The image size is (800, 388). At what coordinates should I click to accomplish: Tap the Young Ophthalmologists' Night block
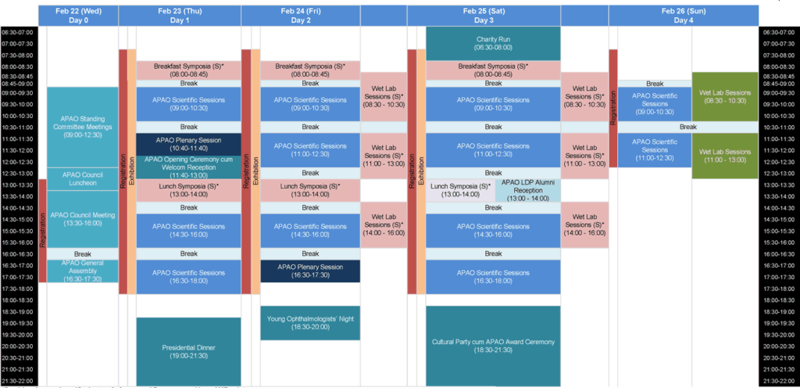[x=310, y=323]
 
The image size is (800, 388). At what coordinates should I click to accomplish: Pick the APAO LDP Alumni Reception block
[x=527, y=190]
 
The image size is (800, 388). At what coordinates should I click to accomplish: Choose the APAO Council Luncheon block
[x=82, y=179]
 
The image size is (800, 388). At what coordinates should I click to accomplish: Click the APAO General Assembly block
[x=82, y=271]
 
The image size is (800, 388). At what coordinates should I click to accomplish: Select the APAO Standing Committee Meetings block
[x=82, y=128]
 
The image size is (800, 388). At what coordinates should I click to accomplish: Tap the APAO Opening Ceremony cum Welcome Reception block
[x=188, y=167]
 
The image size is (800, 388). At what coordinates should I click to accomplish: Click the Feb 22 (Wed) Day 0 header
[x=82, y=15]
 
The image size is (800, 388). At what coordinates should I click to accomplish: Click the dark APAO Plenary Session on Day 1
[x=188, y=144]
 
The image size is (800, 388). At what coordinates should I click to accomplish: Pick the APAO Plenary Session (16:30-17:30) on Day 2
[x=310, y=271]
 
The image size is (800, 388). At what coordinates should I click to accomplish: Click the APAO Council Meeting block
[x=82, y=219]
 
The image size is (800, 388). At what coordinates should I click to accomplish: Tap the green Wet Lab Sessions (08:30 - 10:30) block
[x=725, y=97]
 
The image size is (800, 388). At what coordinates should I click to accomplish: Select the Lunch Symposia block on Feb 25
[x=460, y=190]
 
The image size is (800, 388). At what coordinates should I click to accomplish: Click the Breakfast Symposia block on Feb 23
[x=188, y=70]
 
